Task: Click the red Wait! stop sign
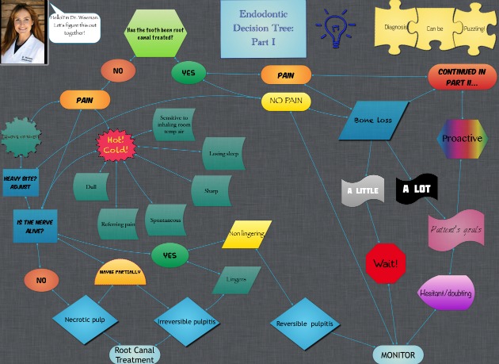(x=386, y=262)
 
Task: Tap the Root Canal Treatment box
(x=135, y=354)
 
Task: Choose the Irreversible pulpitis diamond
(x=187, y=322)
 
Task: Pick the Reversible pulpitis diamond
(x=305, y=324)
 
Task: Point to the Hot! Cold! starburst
(x=116, y=145)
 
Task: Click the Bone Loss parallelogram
(x=373, y=121)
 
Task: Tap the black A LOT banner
(x=417, y=189)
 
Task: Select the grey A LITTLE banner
(x=363, y=190)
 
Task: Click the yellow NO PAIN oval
(x=286, y=102)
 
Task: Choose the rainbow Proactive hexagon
(x=462, y=139)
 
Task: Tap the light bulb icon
(x=335, y=28)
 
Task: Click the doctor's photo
(x=23, y=33)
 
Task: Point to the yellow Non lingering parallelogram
(x=246, y=234)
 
